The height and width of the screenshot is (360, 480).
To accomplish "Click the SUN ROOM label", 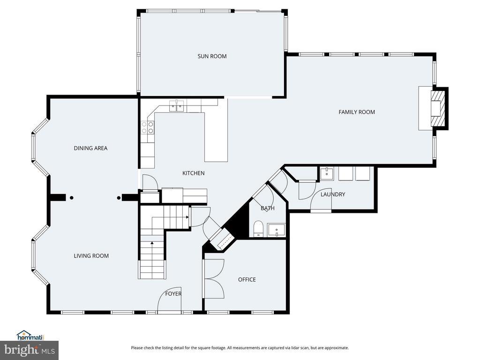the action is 212,56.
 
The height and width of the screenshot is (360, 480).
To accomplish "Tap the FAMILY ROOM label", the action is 357,112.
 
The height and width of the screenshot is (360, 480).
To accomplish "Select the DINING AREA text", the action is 90,148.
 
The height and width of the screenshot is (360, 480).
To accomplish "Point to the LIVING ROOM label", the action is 91,256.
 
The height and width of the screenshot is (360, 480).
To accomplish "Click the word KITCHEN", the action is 194,173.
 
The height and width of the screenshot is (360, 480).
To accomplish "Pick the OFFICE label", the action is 247,279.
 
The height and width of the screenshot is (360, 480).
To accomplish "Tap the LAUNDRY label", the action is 333,195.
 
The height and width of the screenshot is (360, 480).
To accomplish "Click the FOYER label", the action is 173,294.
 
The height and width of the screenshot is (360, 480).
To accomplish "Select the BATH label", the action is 268,208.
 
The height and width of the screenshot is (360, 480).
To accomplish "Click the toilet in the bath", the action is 259,229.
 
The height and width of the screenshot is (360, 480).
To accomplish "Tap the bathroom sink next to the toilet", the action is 276,230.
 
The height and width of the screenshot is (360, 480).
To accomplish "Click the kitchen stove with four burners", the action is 147,127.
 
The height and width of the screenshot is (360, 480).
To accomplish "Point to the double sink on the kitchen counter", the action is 177,105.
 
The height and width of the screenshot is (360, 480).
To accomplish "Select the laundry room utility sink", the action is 327,173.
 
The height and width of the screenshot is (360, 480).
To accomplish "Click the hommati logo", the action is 30,336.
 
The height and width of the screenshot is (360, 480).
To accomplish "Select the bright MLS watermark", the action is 30,350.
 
